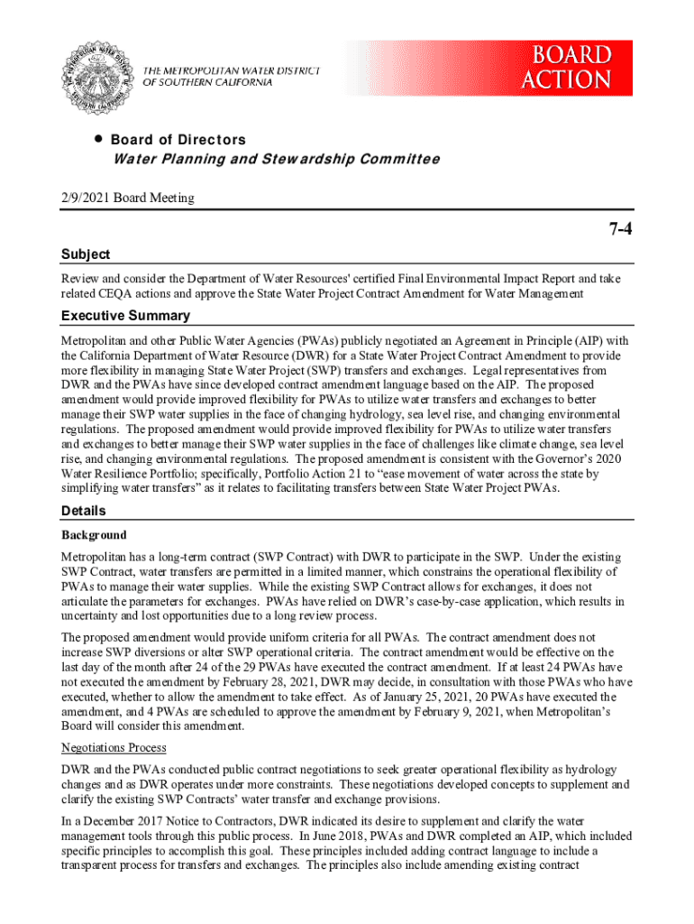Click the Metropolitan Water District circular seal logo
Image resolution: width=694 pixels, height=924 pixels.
point(99,77)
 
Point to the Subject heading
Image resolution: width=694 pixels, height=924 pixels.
point(86,254)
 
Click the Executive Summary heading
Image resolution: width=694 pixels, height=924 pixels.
point(125,316)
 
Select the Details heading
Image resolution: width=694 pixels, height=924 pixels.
point(83,512)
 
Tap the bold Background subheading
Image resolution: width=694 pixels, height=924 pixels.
point(94,535)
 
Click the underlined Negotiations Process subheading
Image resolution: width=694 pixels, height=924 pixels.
point(114,748)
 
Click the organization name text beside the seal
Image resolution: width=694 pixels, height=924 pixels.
point(232,76)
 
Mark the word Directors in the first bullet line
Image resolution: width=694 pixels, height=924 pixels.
point(212,140)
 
